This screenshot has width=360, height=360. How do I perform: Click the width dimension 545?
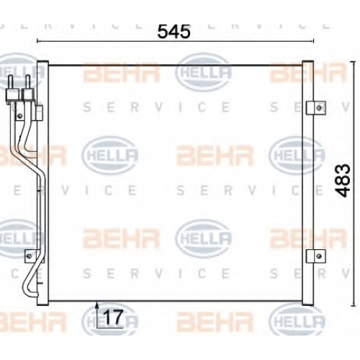click(174, 32)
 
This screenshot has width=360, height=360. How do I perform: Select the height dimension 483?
click(343, 181)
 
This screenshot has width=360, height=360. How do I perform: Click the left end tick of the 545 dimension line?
click(37, 41)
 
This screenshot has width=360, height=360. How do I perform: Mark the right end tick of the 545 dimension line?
click(313, 41)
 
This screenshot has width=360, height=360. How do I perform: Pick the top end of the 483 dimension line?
click(353, 62)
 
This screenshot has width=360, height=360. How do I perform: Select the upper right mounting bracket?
click(316, 108)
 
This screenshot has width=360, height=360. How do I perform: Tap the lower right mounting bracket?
click(316, 256)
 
